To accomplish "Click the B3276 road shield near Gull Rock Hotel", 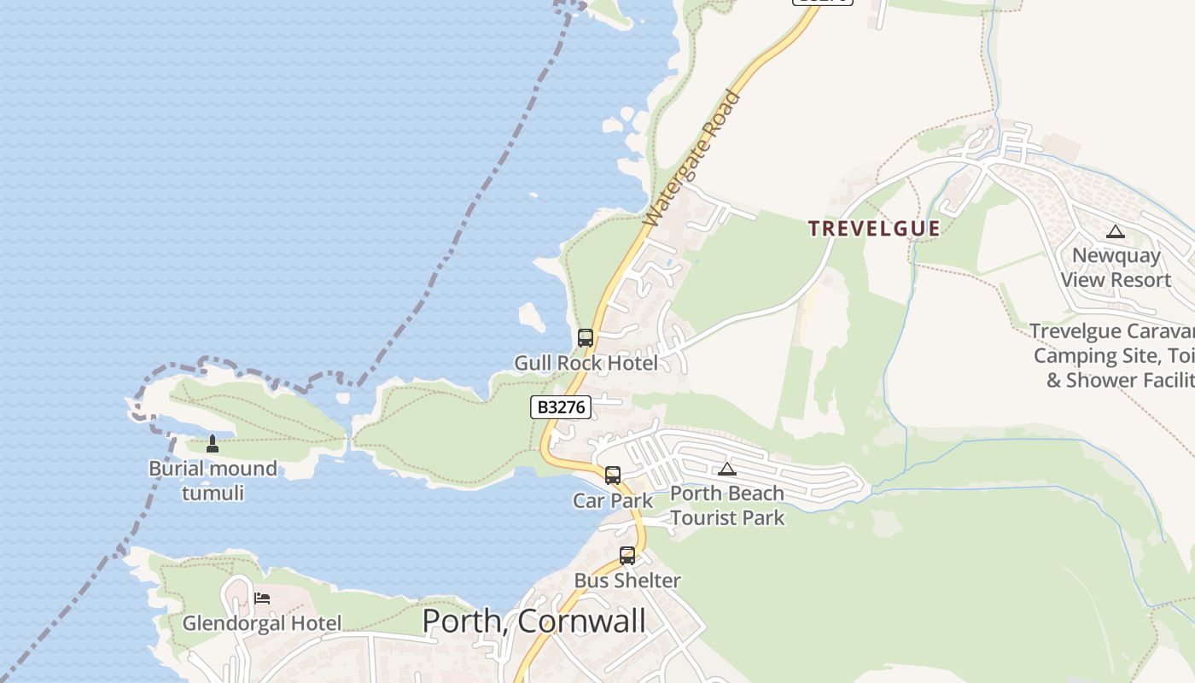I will pyautogui.click(x=561, y=407).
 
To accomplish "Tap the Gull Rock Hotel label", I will pyautogui.click(x=586, y=364).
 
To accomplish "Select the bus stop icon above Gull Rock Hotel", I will pyautogui.click(x=586, y=338).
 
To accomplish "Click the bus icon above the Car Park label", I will pyautogui.click(x=613, y=476).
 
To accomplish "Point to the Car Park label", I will pyautogui.click(x=613, y=500).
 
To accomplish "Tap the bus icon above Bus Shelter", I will pyautogui.click(x=627, y=556).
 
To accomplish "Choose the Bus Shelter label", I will pyautogui.click(x=627, y=581).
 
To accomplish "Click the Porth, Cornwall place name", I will pyautogui.click(x=534, y=621).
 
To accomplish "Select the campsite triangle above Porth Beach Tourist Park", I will pyautogui.click(x=726, y=469).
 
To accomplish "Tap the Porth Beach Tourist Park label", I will pyautogui.click(x=727, y=505).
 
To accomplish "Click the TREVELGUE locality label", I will pyautogui.click(x=874, y=229).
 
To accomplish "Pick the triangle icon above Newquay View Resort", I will pyautogui.click(x=1116, y=231).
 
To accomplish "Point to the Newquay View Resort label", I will pyautogui.click(x=1116, y=267).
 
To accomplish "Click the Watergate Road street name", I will pyautogui.click(x=692, y=160).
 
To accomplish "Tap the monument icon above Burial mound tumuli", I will pyautogui.click(x=213, y=444).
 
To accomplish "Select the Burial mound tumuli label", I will pyautogui.click(x=213, y=481).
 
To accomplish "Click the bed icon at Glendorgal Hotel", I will pyautogui.click(x=262, y=598).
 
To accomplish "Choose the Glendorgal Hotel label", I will pyautogui.click(x=262, y=623).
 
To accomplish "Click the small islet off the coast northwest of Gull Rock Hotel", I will pyautogui.click(x=532, y=318).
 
